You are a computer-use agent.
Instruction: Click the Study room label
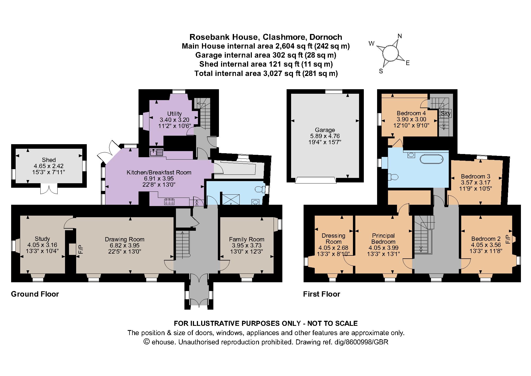[x=42, y=239]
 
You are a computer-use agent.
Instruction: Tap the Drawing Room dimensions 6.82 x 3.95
[x=124, y=245]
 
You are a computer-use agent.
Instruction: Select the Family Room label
[x=247, y=239]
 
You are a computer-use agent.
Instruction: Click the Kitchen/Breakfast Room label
[x=159, y=172]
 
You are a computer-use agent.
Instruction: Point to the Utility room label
[x=174, y=114]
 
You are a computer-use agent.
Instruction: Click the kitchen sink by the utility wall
[x=157, y=152]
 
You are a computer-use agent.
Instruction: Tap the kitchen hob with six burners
[x=169, y=202]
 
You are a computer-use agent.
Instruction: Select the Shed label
[x=49, y=160]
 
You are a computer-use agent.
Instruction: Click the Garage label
[x=325, y=130]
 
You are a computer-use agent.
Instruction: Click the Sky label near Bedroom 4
[x=446, y=114]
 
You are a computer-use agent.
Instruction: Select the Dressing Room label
[x=334, y=238]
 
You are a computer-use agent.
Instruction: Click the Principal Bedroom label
[x=383, y=238]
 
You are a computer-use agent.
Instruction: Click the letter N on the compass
[x=400, y=36]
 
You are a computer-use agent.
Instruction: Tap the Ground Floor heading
[x=35, y=294]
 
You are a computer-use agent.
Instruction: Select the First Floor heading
[x=322, y=294]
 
